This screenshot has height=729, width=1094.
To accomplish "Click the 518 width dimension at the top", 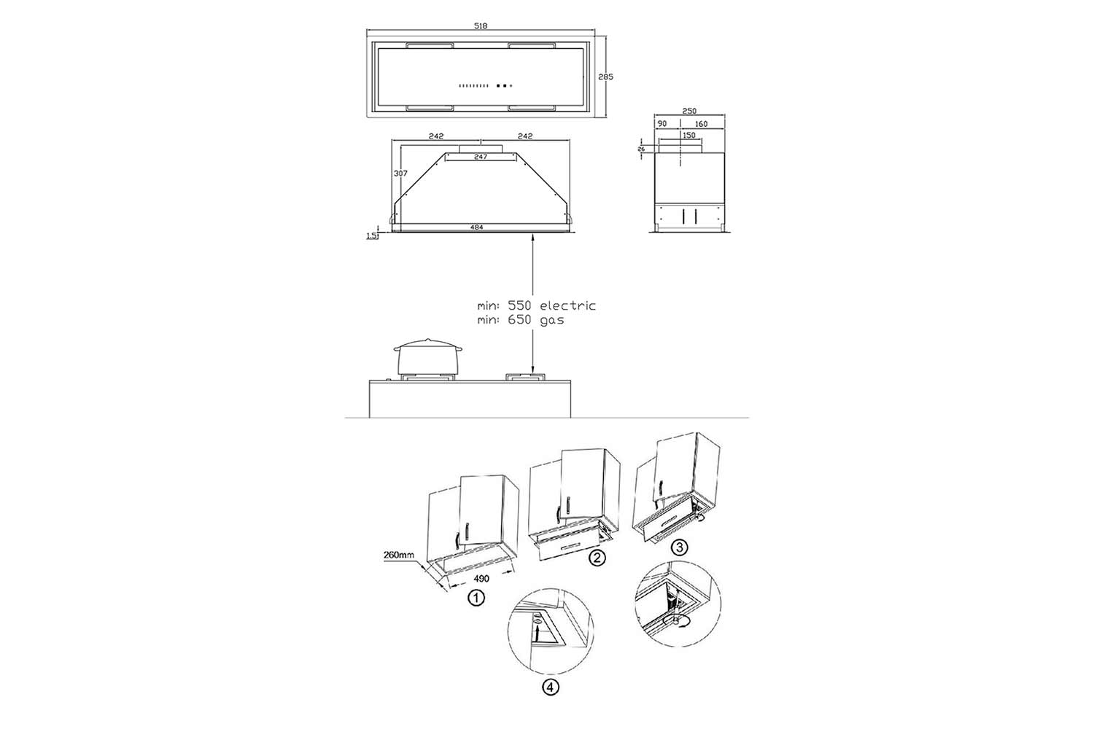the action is coord(481,26).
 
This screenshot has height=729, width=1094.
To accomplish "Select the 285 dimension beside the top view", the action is coord(605,77).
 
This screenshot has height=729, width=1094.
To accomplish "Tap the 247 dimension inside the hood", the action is coord(481,157).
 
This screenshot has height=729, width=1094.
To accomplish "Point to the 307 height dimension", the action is coord(400,174).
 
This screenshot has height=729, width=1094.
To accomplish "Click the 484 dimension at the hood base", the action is coord(476,227).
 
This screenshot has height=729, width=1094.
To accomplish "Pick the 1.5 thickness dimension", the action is coord(372,236).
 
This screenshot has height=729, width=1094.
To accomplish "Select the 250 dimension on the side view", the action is coord(689,112).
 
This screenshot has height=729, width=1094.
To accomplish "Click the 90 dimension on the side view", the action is coord(662,124).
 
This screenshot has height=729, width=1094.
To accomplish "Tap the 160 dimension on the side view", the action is coord(701,124).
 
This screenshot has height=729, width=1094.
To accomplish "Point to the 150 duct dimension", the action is coord(688,136).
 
